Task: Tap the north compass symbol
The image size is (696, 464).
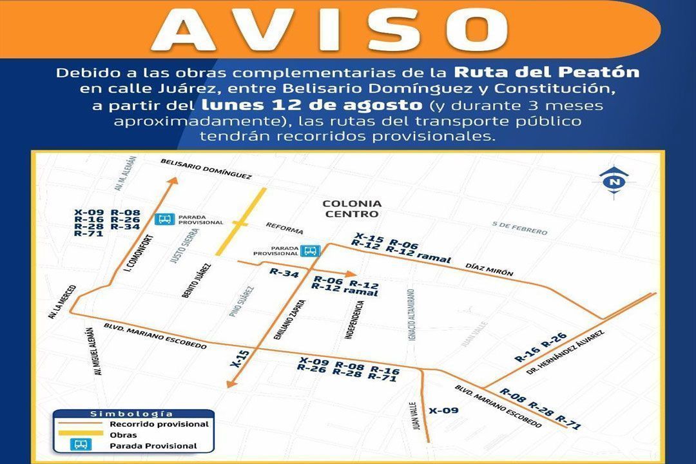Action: coord(613,181)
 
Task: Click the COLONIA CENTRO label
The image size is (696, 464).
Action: coord(352,209)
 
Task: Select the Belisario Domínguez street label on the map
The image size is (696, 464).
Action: coord(206,169)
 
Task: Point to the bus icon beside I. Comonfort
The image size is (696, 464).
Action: coord(164,219)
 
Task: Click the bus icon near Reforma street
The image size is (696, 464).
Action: coord(311,251)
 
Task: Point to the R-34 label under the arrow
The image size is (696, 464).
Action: coord(284,273)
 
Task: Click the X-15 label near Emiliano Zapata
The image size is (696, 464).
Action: coord(239,359)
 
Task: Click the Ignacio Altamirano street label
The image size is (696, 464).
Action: coord(411,314)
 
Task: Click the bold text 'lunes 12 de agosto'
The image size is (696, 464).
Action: coord(311,104)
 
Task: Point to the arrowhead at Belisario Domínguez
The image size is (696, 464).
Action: coord(172,182)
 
